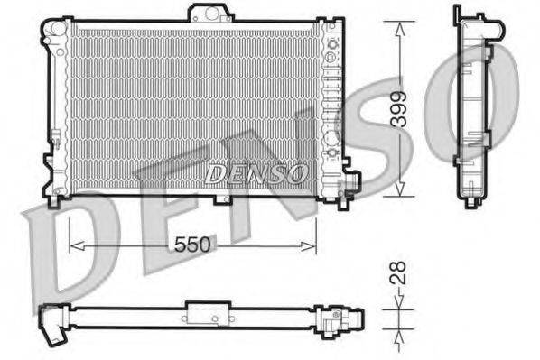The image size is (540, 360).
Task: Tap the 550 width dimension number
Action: (x=192, y=245)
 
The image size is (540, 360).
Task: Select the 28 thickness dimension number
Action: (x=398, y=273)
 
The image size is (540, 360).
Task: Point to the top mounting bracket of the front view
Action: (x=209, y=14)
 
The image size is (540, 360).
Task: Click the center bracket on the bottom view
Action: (x=202, y=313)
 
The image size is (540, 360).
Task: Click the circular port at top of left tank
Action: (x=59, y=30)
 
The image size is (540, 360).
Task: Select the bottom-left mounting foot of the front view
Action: (x=54, y=198)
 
